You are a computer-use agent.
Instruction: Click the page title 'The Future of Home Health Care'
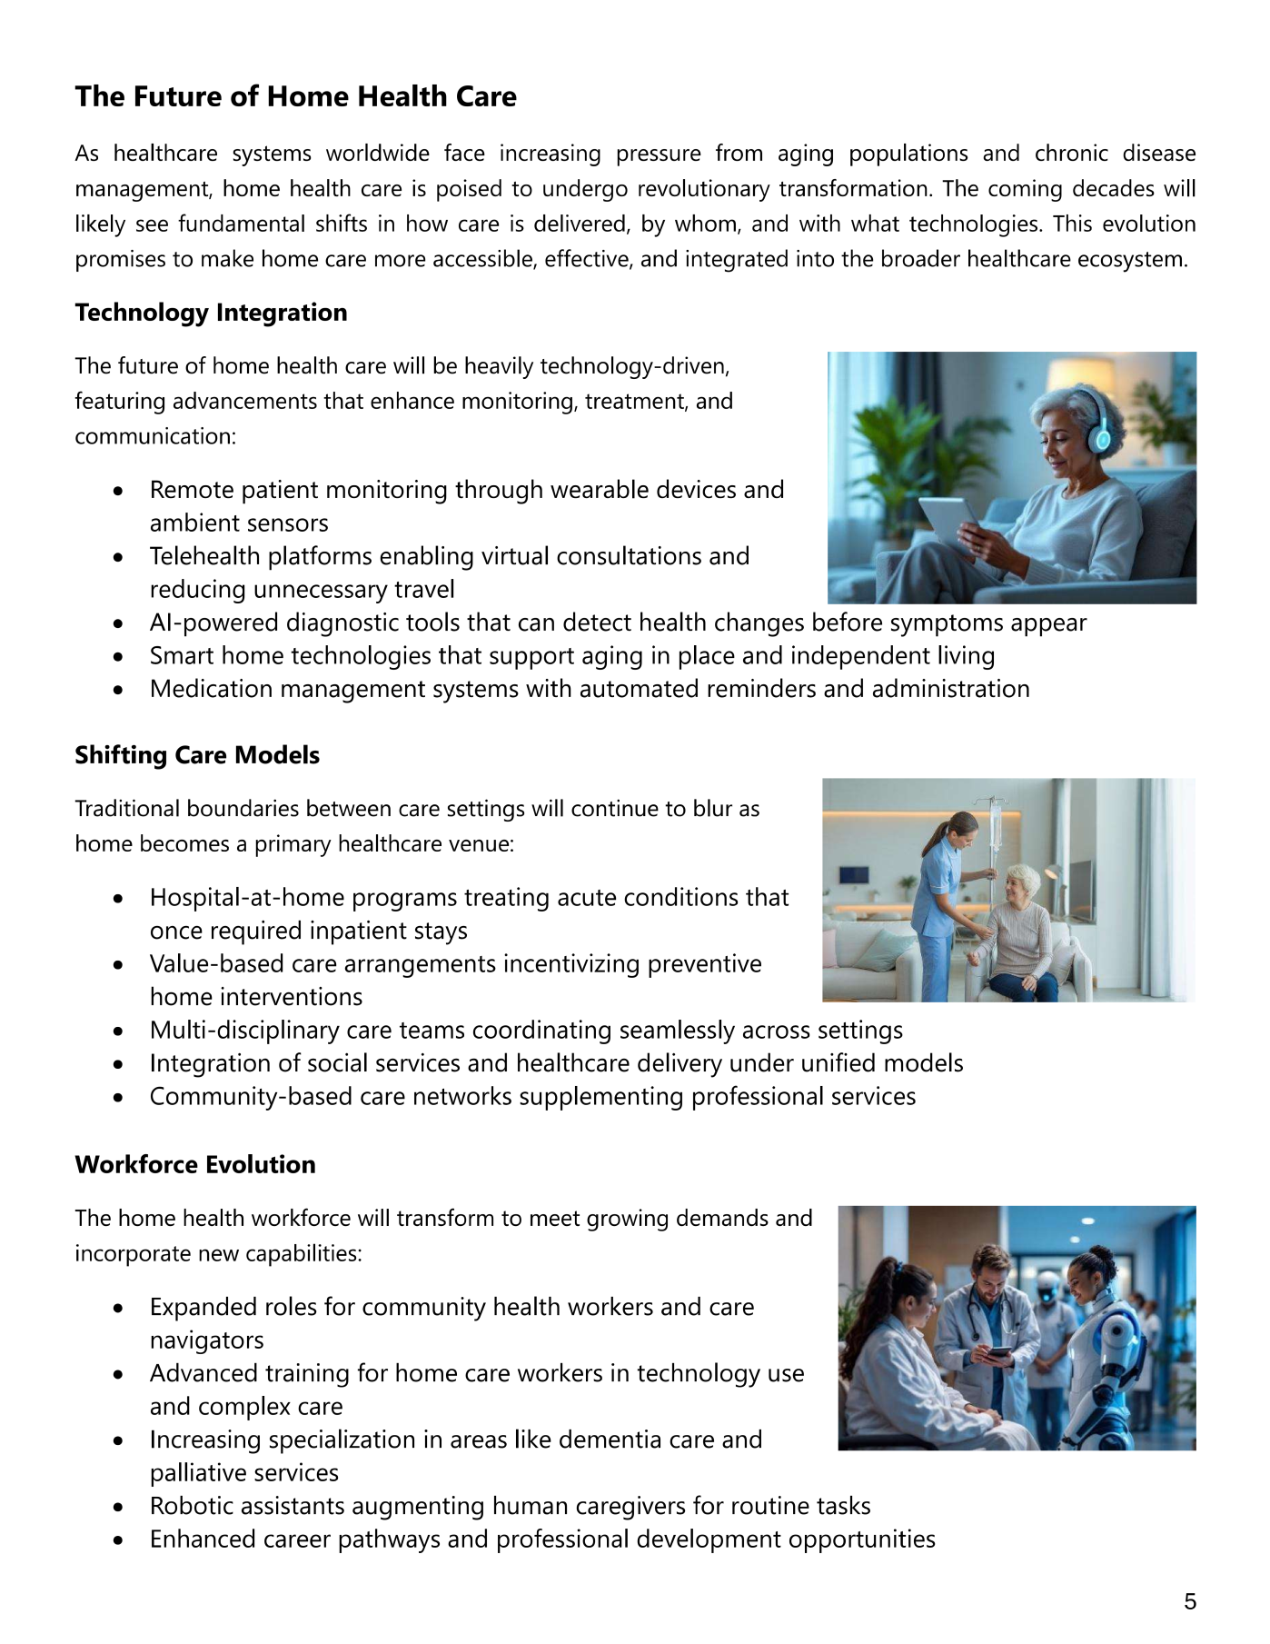coord(295,96)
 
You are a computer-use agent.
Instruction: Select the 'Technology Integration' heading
coord(211,313)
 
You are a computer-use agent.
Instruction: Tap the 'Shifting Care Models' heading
coord(197,755)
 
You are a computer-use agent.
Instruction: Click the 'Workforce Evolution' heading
coord(195,1164)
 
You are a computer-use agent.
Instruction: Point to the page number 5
coord(1190,1601)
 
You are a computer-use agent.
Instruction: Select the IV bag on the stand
coord(997,824)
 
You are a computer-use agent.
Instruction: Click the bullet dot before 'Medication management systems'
coord(118,690)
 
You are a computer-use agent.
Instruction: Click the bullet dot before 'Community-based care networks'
coord(118,1097)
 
